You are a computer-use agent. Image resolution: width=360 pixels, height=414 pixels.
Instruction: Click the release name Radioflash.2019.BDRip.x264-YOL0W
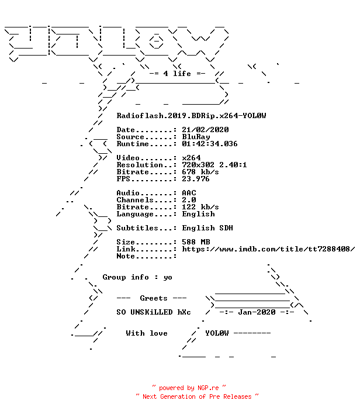[x=191, y=116]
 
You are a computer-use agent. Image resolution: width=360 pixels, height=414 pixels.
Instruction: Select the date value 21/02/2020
[x=205, y=130]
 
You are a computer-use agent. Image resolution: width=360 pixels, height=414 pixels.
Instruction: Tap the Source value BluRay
[x=196, y=137]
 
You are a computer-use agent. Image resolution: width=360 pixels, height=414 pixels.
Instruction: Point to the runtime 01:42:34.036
[x=210, y=144]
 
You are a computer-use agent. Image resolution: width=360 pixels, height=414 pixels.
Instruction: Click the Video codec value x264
[x=191, y=158]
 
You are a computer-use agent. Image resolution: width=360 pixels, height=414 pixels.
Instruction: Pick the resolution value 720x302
[x=198, y=165]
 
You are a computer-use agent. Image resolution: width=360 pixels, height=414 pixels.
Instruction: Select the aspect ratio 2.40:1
[x=233, y=165]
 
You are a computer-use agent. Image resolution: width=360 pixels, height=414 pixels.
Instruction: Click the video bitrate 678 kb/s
[x=200, y=172]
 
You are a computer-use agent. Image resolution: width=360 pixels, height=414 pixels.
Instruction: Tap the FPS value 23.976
[x=196, y=179]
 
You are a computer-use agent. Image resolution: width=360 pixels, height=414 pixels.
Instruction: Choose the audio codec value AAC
[x=189, y=193]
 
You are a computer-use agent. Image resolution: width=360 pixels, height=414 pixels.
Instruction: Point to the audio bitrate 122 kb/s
[x=200, y=207]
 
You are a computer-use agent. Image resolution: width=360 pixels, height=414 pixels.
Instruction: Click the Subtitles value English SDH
[x=207, y=228]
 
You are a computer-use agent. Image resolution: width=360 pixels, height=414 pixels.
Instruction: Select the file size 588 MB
[x=196, y=242]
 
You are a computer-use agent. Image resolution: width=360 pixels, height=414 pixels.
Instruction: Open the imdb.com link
[x=268, y=249]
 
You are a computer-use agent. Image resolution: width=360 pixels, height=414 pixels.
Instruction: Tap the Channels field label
[x=135, y=200]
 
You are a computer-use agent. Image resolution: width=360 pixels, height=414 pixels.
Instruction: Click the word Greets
[x=154, y=298]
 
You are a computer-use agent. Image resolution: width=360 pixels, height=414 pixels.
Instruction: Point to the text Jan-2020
[x=257, y=312]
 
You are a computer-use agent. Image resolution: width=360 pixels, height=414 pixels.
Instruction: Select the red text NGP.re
[x=208, y=388]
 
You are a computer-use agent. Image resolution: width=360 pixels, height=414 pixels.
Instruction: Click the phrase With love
[x=147, y=333]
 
